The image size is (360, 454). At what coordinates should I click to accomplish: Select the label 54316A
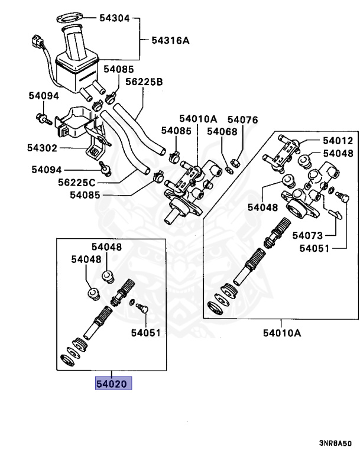click(170, 40)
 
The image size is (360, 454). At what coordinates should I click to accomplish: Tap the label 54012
click(338, 141)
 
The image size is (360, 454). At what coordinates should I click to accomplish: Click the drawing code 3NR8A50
click(336, 443)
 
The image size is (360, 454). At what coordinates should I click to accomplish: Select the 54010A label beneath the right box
click(282, 332)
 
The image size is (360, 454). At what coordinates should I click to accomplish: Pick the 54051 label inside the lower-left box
click(145, 333)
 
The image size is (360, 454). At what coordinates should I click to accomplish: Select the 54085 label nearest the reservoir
click(119, 69)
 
